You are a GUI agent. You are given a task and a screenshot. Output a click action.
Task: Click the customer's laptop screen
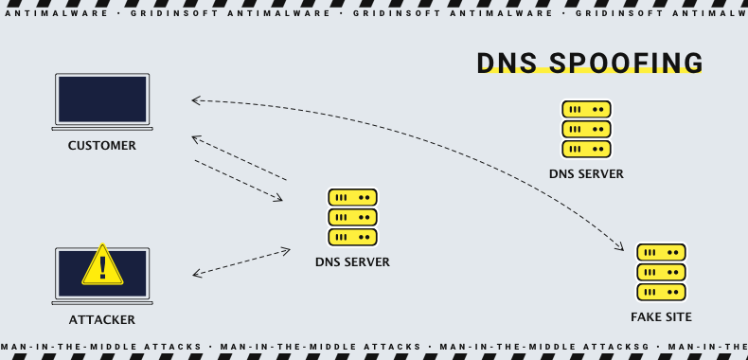102,98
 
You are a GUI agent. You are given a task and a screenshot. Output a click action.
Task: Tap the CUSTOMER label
102,146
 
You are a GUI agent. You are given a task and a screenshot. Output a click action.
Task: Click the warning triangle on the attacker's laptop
102,265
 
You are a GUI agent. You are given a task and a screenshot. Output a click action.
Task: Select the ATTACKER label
102,320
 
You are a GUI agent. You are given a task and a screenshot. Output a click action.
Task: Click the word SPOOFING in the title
625,63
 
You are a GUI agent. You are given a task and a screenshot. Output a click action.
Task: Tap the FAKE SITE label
661,316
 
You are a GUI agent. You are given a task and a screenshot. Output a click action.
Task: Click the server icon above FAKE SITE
661,272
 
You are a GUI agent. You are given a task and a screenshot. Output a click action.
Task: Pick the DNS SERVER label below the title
586,173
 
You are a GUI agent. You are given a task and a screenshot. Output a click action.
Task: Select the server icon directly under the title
586,129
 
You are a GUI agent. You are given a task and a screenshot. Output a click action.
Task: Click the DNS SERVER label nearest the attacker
352,261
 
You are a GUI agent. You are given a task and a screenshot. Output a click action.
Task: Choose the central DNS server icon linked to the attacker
352,217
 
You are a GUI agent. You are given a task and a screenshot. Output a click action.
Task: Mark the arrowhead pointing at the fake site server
621,248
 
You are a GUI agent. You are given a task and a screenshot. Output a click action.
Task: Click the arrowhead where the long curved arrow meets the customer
194,99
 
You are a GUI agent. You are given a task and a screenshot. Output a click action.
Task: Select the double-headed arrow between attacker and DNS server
241,262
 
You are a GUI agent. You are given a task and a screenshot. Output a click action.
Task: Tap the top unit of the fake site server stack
661,253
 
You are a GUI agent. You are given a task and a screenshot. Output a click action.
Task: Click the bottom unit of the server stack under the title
586,148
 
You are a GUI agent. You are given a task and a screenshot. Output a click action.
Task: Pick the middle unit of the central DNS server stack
352,217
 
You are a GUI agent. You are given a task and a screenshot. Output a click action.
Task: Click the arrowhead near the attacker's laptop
196,275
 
